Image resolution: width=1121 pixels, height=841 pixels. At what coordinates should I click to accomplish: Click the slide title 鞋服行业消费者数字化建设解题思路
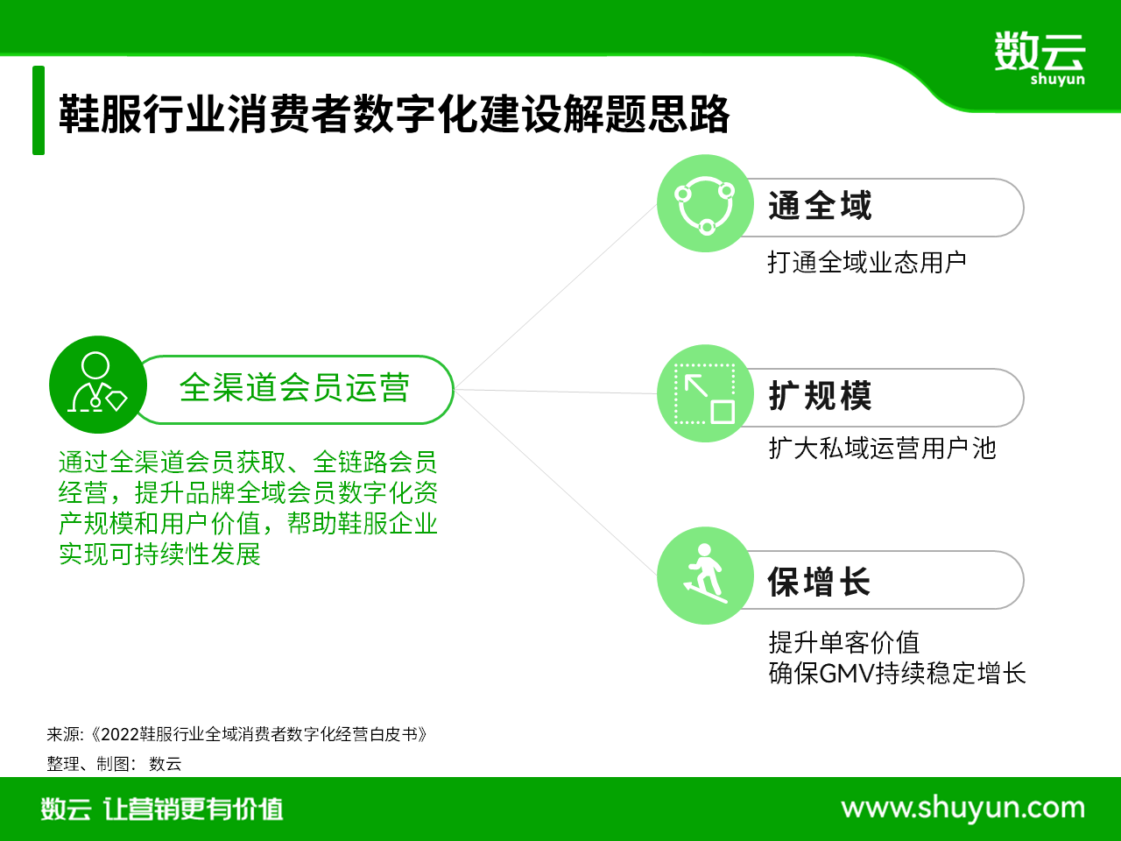(394, 114)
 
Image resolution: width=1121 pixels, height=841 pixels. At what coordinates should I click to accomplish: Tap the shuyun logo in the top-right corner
(1040, 58)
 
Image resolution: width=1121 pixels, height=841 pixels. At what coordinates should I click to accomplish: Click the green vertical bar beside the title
(39, 110)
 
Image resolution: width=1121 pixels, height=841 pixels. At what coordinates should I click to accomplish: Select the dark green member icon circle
(98, 385)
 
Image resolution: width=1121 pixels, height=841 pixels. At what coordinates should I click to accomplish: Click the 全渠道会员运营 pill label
(294, 388)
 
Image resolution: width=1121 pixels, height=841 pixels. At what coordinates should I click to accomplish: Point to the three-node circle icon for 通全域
(705, 203)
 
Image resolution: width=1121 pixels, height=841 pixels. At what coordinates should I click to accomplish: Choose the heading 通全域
(820, 206)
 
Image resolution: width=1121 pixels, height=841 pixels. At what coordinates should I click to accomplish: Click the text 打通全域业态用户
(867, 263)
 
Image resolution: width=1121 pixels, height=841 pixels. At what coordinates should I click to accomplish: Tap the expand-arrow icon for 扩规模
(705, 393)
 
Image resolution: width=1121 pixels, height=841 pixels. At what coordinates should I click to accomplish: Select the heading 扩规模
(820, 396)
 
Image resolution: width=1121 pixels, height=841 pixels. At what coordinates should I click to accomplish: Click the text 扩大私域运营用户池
(883, 449)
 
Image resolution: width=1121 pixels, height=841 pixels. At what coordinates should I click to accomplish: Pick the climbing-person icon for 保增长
(705, 576)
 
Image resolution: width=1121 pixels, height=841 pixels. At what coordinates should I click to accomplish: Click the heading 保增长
(819, 582)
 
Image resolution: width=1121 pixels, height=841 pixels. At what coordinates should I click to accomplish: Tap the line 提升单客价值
(844, 642)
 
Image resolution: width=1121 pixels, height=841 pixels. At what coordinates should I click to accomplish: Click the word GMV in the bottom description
(847, 673)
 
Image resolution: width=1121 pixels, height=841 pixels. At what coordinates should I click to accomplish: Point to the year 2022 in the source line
(119, 734)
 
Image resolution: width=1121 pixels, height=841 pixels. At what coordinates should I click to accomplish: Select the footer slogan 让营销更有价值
(193, 809)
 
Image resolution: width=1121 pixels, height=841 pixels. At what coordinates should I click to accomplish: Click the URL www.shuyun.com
(963, 809)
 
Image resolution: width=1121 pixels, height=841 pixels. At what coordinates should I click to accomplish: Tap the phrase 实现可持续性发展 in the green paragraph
(160, 554)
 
